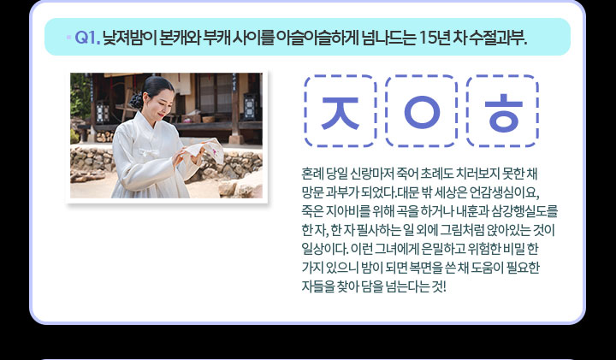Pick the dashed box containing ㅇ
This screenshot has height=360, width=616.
(x=421, y=111)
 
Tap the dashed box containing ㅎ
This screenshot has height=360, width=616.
(x=501, y=111)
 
